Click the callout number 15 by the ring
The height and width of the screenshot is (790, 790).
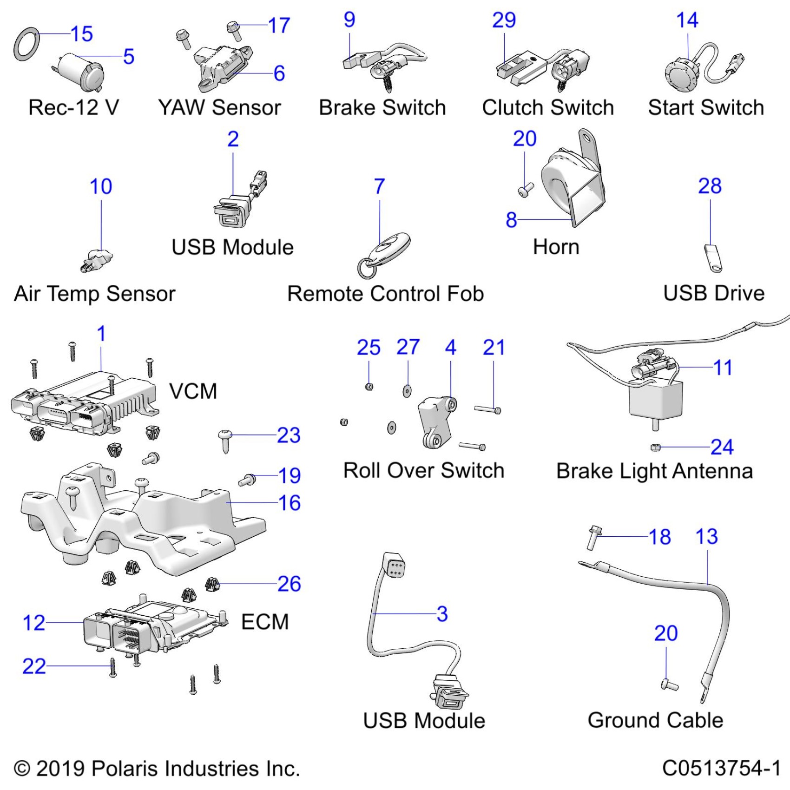click(82, 34)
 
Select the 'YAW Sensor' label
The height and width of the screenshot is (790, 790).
click(219, 107)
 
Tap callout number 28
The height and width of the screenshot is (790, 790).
click(710, 186)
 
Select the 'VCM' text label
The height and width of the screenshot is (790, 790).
click(193, 391)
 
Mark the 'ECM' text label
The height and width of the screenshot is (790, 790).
click(265, 622)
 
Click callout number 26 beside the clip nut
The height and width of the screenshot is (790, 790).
click(289, 584)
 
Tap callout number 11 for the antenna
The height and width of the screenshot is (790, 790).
click(723, 368)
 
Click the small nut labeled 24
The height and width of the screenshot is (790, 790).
click(656, 447)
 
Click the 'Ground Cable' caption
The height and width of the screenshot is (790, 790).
click(655, 720)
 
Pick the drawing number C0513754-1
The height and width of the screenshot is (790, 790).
click(721, 768)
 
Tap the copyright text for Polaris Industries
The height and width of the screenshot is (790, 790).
click(157, 768)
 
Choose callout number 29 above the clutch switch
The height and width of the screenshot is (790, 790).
click(504, 20)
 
